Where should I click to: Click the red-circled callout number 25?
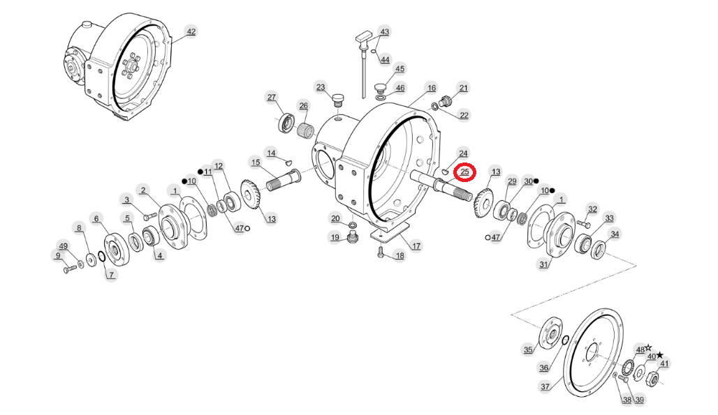pos(464,172)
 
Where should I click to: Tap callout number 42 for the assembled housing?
pos(191,31)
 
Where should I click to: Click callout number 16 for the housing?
pos(432,88)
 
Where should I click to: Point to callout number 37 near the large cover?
pos(545,386)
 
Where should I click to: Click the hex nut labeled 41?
pos(654,378)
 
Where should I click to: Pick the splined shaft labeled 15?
pos(283,181)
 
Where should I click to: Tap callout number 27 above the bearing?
pos(272,97)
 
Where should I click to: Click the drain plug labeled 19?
pos(352,238)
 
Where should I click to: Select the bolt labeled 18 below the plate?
pos(380,251)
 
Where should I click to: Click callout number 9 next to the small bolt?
pos(58,256)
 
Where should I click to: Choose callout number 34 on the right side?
pos(615,234)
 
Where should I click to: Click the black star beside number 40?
pos(660,355)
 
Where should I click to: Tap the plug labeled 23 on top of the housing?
pos(338,100)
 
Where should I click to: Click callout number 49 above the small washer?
pos(63,246)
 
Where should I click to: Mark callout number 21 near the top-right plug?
pos(463,88)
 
